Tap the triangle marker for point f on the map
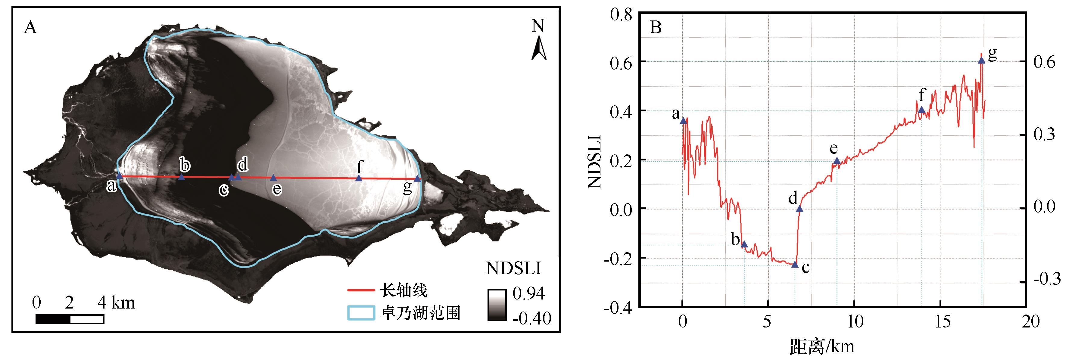point(359,178)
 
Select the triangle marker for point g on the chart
point(981,60)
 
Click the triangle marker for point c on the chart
point(794,264)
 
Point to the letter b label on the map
point(185,165)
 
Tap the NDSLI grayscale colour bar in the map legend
point(497,305)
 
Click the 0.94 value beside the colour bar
point(528,293)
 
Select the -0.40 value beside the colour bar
point(531,318)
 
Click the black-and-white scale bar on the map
point(70,319)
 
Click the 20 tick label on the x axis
point(1030,322)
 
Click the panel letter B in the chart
point(656,27)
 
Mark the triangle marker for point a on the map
point(120,176)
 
